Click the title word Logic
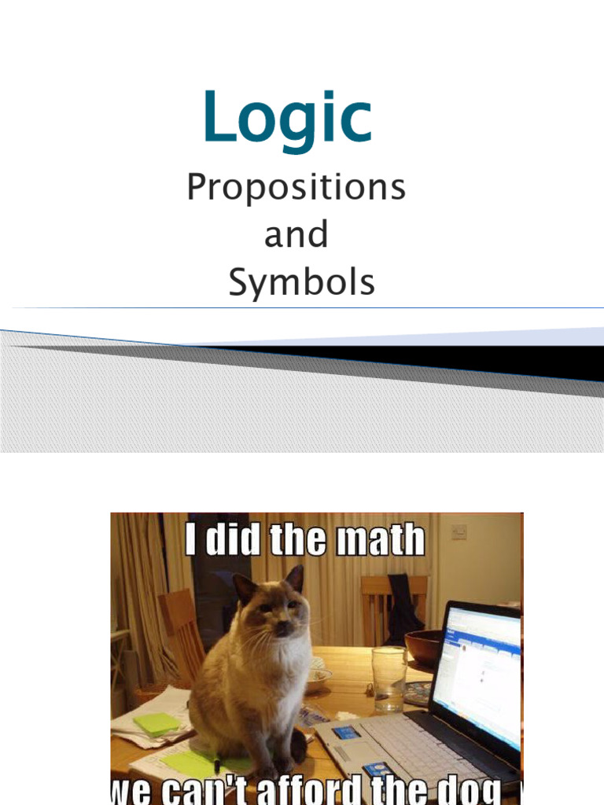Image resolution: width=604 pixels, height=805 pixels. [287, 118]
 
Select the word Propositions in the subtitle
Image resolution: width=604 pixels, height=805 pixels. [296, 189]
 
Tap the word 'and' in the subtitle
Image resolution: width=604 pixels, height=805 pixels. [296, 235]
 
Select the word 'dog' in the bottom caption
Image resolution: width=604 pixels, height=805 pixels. [473, 790]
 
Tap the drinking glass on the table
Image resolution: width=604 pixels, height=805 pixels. [389, 678]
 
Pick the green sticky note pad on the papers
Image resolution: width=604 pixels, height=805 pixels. [156, 723]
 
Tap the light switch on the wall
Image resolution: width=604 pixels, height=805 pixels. [459, 532]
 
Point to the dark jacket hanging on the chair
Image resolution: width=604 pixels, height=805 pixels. [403, 606]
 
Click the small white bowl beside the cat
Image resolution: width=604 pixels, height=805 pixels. [319, 678]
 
